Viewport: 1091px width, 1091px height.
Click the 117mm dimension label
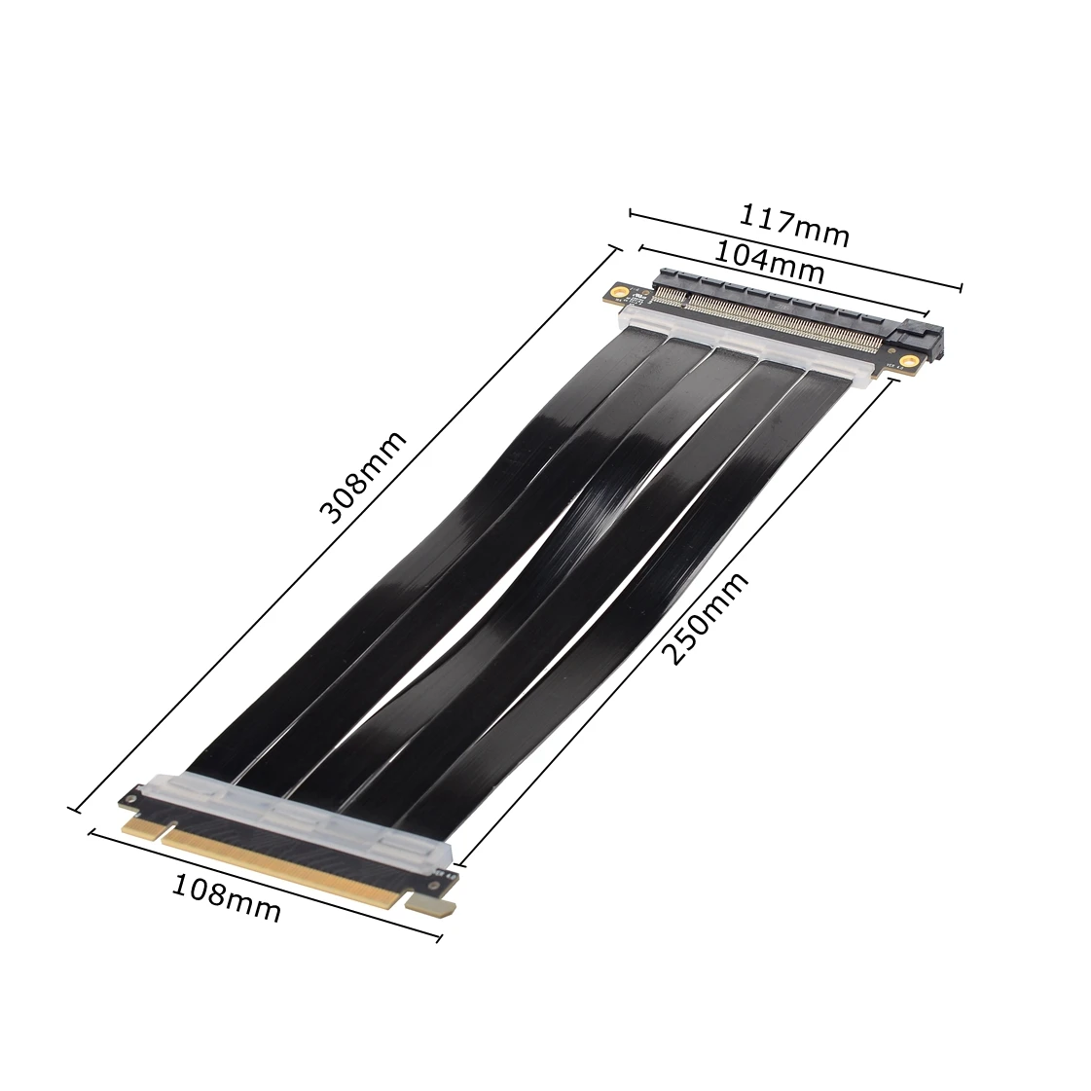point(795,225)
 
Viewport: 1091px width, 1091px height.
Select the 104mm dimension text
point(770,261)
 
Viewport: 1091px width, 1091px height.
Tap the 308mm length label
point(362,478)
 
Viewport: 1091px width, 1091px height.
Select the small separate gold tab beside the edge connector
point(434,905)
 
